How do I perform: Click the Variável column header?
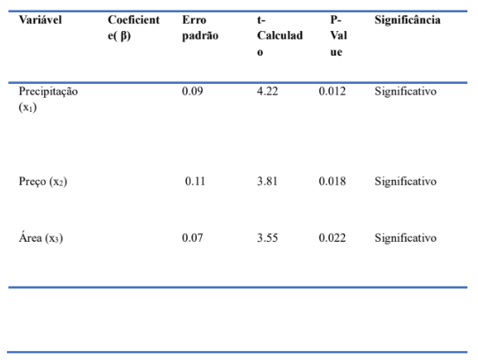[41, 20]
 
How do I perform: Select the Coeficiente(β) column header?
[133, 28]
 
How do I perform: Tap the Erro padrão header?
[200, 28]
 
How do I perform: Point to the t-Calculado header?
[280, 36]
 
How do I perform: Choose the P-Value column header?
[339, 36]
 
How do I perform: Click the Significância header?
[407, 20]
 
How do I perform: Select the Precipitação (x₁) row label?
[49, 100]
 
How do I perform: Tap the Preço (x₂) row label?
[43, 182]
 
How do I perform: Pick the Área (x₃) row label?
[41, 238]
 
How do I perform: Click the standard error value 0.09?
[192, 91]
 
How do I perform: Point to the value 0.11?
[195, 181]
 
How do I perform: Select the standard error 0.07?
[192, 237]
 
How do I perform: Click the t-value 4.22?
[267, 91]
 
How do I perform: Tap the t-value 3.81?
[267, 181]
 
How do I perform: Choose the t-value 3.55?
[267, 237]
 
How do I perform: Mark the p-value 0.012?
[332, 91]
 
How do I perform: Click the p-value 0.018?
[332, 181]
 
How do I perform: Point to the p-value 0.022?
[332, 237]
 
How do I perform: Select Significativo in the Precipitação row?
[406, 92]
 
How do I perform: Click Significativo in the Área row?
[406, 238]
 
